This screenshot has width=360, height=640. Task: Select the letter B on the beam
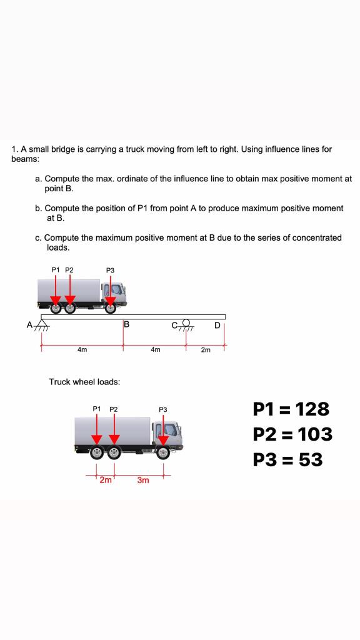pos(126,324)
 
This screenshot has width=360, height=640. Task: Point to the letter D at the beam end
pos(217,324)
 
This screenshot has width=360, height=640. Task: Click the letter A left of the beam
pos(29,324)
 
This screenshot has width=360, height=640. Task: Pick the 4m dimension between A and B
pos(82,350)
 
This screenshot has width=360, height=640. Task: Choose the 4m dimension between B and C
pos(155,350)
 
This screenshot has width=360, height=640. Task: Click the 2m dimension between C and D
pos(206,350)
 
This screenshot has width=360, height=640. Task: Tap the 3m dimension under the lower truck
pos(143,481)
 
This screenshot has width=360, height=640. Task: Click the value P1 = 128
pos(291,409)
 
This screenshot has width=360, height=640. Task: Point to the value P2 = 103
pos(292,434)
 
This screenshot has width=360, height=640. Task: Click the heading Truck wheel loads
pos(84,381)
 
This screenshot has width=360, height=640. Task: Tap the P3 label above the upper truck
pos(110,270)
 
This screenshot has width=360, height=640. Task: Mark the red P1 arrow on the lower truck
pos(97,431)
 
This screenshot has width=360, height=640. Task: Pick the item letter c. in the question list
pos(39,238)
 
